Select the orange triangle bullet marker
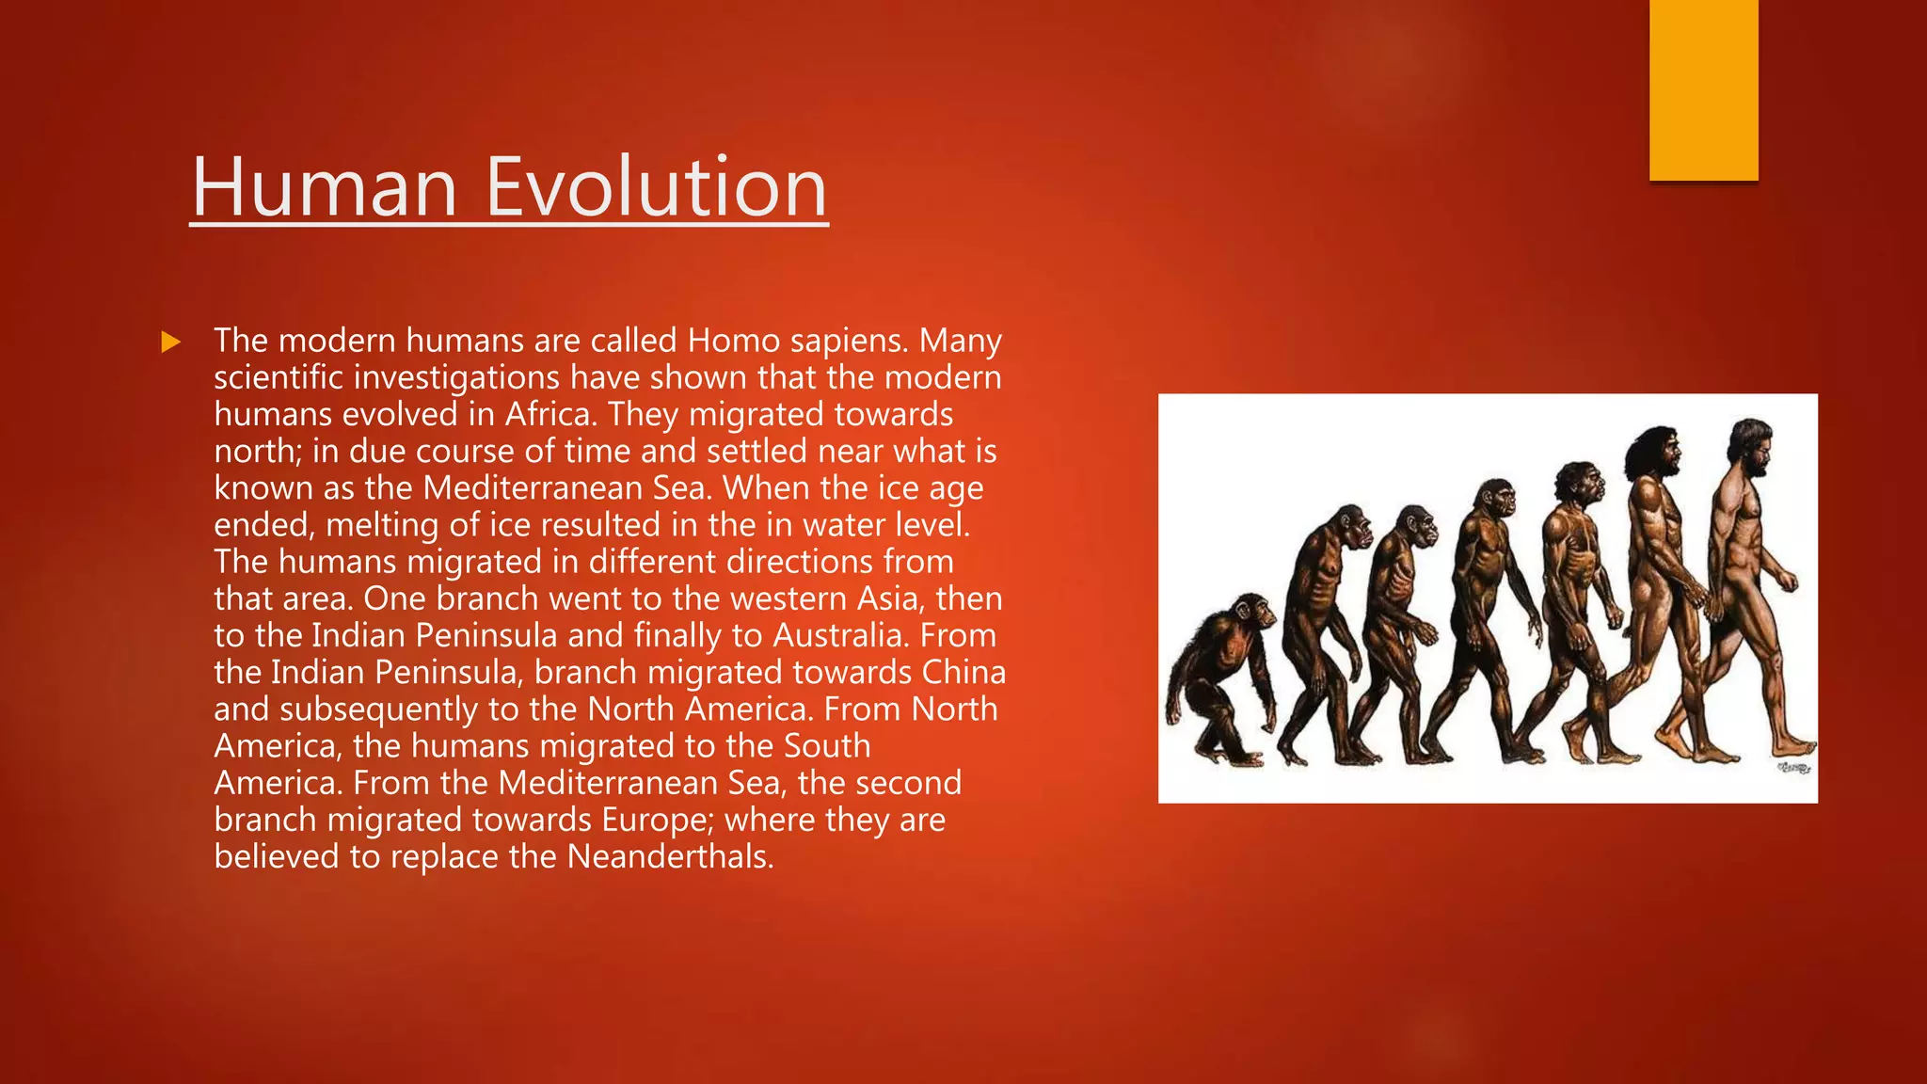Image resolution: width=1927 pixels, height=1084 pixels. coord(170,342)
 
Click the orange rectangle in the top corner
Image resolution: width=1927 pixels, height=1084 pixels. coord(1703,89)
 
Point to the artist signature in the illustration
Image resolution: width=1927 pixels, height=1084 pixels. coord(1793,769)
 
